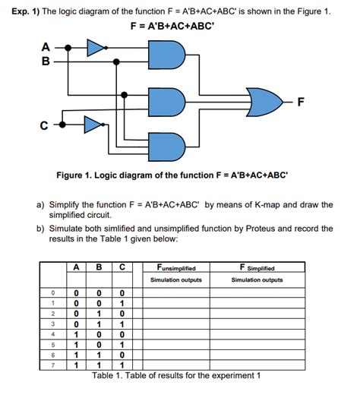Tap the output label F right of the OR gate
pyautogui.click(x=301, y=104)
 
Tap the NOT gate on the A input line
pyautogui.click(x=96, y=49)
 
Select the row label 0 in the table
pyautogui.click(x=53, y=292)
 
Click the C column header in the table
pyautogui.click(x=122, y=267)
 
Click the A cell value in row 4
pyautogui.click(x=76, y=333)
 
